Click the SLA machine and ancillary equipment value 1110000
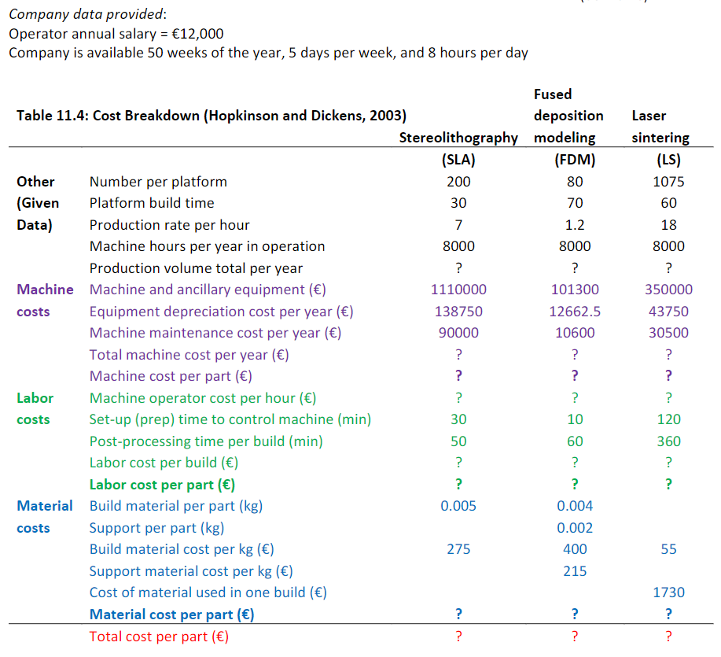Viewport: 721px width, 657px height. click(458, 290)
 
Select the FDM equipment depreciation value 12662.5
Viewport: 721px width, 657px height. click(575, 312)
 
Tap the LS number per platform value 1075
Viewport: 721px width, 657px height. click(668, 182)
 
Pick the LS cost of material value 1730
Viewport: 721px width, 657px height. click(668, 592)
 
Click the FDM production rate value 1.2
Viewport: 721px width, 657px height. click(575, 225)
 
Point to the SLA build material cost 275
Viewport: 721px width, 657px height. click(458, 549)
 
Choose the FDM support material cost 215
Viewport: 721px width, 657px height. click(575, 571)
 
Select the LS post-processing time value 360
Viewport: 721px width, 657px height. click(668, 441)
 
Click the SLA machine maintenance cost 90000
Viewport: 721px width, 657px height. click(458, 333)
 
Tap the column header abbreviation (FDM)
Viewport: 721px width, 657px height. click(575, 160)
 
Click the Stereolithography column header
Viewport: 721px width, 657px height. click(458, 138)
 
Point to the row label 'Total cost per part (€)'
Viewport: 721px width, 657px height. click(159, 637)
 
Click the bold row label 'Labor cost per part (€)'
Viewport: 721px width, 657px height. click(162, 485)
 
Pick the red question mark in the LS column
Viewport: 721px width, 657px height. click(668, 637)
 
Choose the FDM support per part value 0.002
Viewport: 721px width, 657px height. click(575, 528)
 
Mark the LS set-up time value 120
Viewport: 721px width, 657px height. click(668, 419)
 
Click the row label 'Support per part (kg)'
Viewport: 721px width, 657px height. click(156, 528)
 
